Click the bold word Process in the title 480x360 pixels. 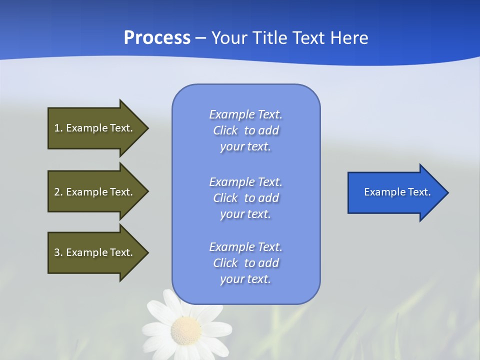pos(157,37)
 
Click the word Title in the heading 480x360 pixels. pos(268,37)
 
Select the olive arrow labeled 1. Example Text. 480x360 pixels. pos(95,128)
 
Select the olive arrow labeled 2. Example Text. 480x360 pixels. pos(95,192)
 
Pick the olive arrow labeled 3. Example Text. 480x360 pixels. pos(95,252)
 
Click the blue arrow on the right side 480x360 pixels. pos(395,192)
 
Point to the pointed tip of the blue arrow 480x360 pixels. pos(447,192)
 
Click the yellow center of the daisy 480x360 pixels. pos(185,330)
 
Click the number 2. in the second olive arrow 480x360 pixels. pos(58,192)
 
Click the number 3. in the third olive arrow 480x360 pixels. pos(58,252)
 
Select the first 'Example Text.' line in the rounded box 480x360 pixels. pos(245,114)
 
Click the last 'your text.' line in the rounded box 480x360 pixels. pos(245,279)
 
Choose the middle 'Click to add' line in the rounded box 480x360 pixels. pos(245,198)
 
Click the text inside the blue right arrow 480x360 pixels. pos(397,192)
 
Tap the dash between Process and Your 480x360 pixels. pos(200,38)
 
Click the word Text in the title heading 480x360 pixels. pos(308,37)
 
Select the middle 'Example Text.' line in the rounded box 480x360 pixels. pos(245,181)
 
